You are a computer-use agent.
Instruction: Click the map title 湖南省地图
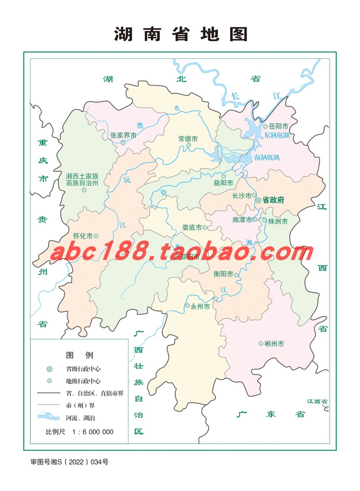[181, 34]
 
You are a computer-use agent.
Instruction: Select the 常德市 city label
[188, 138]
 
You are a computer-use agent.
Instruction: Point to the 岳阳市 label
[280, 126]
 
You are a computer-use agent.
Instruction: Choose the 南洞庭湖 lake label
[267, 158]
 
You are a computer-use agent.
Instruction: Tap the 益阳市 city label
[223, 183]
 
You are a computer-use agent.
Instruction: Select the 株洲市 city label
[278, 221]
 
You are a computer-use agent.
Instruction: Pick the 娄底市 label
[192, 227]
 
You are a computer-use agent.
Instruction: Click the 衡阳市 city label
[223, 274]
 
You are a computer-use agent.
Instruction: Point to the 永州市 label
[200, 306]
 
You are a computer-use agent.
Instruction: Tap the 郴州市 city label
[274, 344]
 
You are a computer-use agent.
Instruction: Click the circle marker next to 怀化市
[96, 236]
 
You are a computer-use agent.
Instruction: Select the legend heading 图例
[79, 355]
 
